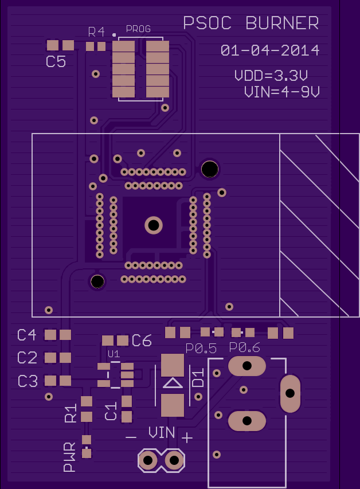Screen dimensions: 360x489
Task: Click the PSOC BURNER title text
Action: [251, 23]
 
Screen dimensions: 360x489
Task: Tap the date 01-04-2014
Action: [270, 50]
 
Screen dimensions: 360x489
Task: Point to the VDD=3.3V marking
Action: [271, 76]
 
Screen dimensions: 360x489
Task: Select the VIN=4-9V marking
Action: [281, 92]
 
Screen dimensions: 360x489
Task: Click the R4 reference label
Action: [96, 32]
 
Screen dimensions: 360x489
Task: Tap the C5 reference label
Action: [56, 61]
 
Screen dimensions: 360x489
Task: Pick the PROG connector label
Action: [138, 29]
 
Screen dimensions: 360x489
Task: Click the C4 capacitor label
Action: [27, 335]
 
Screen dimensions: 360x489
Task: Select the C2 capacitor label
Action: [27, 358]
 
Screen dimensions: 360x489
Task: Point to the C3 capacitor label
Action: [28, 381]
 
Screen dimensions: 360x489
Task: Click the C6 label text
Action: [142, 341]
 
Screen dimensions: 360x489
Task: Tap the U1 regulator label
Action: [114, 354]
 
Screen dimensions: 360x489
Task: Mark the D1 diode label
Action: [198, 377]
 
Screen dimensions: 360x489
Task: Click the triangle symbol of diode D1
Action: [173, 383]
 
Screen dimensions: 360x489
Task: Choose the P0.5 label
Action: [201, 349]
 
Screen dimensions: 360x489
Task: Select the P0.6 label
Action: [245, 347]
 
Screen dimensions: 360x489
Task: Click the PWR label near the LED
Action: [69, 456]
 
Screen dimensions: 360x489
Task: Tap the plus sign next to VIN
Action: [187, 438]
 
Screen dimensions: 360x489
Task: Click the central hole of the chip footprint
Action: [154, 225]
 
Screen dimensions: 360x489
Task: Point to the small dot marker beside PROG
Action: [114, 35]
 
